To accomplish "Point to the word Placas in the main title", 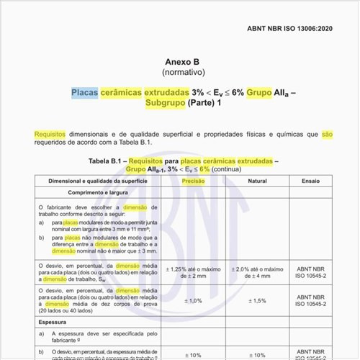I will [x=85, y=93].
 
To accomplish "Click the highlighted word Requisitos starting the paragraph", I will [x=53, y=134].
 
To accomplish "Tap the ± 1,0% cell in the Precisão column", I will [x=193, y=300].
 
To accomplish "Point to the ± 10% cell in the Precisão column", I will [x=193, y=354].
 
